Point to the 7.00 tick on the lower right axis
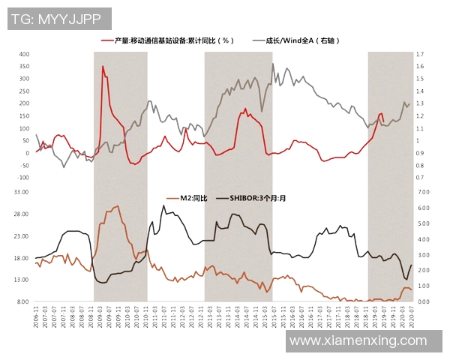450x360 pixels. pyautogui.click(x=422, y=192)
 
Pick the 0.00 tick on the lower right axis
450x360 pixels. pyautogui.click(x=422, y=301)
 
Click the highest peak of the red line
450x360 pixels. pyautogui.click(x=103, y=67)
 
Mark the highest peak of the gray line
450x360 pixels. pyautogui.click(x=272, y=64)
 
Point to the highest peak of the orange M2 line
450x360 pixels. pyautogui.click(x=117, y=206)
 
